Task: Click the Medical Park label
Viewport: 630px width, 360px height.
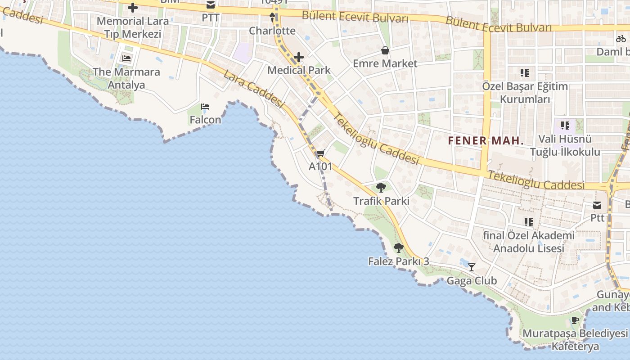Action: (299, 70)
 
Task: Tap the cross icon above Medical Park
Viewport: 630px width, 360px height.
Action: (298, 57)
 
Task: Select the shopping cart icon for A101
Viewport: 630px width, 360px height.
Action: (320, 154)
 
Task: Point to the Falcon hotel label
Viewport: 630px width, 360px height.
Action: (205, 120)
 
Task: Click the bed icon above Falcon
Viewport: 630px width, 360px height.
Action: (205, 107)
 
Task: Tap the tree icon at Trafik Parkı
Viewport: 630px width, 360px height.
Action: (381, 187)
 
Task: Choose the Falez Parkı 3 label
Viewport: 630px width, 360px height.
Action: (398, 261)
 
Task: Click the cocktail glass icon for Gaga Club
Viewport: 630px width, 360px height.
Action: (471, 267)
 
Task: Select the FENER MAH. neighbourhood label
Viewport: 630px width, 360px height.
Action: (486, 141)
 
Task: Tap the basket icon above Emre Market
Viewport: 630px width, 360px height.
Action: (385, 50)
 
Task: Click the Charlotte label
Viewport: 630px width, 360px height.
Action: (272, 31)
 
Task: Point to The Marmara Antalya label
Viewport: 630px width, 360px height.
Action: (126, 78)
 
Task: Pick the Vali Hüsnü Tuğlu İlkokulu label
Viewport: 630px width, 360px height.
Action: (565, 145)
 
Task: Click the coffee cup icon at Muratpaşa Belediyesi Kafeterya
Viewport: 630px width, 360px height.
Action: (575, 320)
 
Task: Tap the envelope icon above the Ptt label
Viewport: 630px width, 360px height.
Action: (597, 205)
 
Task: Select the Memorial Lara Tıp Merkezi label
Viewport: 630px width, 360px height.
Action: (133, 27)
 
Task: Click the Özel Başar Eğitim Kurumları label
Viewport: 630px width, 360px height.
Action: (525, 93)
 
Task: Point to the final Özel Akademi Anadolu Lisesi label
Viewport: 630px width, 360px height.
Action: (529, 242)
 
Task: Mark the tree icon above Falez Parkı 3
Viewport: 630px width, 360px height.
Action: (398, 247)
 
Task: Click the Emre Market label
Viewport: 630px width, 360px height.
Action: (385, 63)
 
